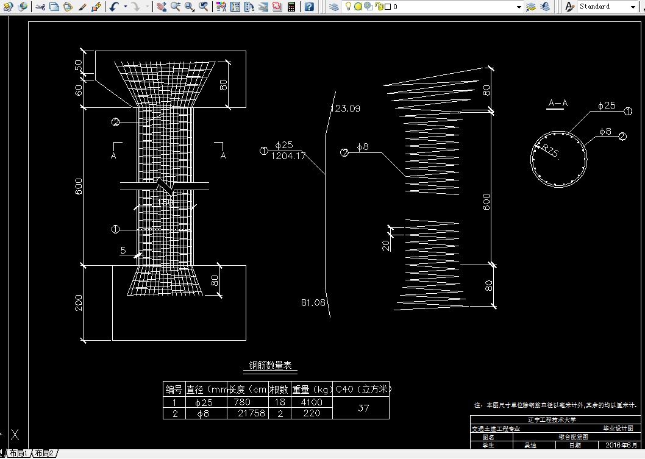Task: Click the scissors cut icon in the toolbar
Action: [40, 7]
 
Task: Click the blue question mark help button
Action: [310, 7]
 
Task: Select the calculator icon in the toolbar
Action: [292, 7]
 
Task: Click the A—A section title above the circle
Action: [557, 104]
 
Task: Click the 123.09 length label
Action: [345, 109]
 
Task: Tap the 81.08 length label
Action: [313, 302]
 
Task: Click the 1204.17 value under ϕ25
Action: [288, 156]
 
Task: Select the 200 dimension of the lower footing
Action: [79, 302]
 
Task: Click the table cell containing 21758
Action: [248, 413]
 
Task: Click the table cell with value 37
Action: [363, 408]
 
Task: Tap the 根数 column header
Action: [279, 390]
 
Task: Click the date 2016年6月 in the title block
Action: [621, 445]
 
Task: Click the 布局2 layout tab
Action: [44, 454]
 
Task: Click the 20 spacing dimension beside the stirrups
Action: [386, 245]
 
